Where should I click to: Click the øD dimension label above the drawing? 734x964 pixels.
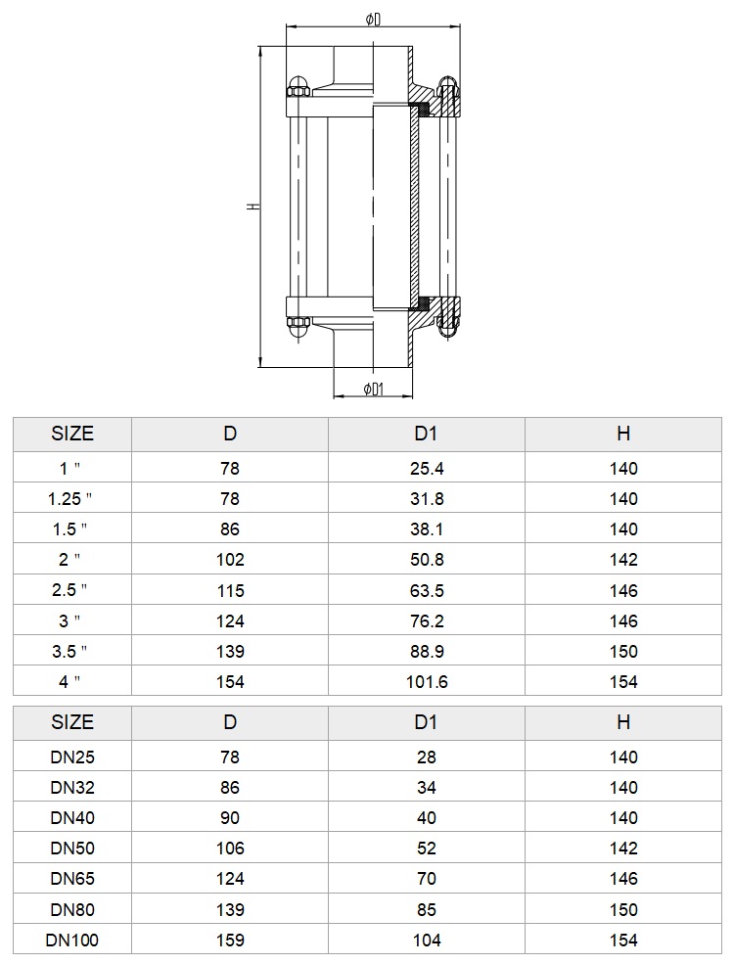tap(373, 20)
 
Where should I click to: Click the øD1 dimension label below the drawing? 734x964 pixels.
tap(373, 389)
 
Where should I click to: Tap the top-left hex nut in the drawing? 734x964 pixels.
tap(298, 92)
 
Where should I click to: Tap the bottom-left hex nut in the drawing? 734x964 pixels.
tap(298, 322)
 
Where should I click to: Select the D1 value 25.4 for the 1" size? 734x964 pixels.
tap(427, 469)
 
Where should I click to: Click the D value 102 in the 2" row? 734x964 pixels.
tap(230, 560)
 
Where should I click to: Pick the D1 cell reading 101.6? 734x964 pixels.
tap(427, 681)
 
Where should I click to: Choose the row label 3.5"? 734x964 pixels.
tap(69, 651)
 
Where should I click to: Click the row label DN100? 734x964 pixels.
tap(71, 941)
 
